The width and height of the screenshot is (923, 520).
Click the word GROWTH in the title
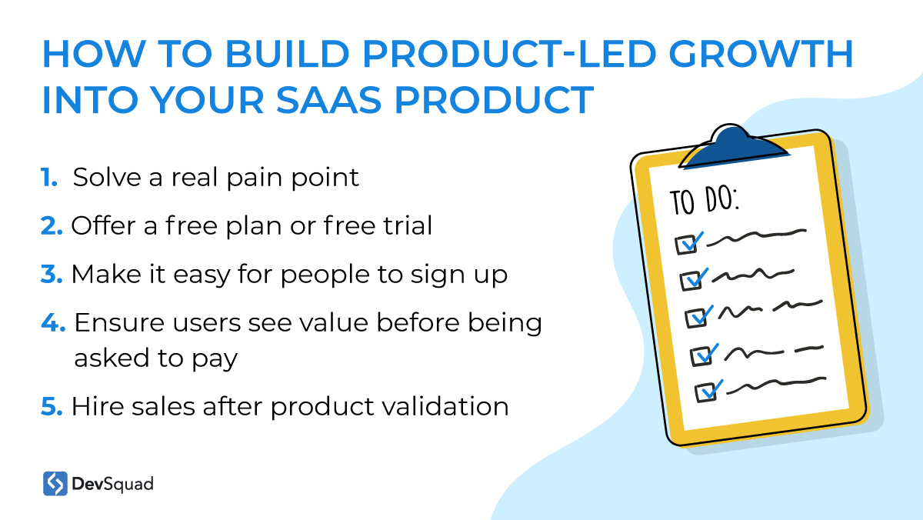point(761,54)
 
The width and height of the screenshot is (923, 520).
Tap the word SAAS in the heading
point(329,100)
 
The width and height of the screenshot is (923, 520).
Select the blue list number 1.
point(48,178)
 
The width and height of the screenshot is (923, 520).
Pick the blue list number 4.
point(53,322)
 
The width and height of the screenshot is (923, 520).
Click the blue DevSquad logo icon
point(55,483)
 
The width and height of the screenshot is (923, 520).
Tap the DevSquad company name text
point(112,484)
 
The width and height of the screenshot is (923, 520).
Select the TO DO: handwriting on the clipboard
point(705,201)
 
